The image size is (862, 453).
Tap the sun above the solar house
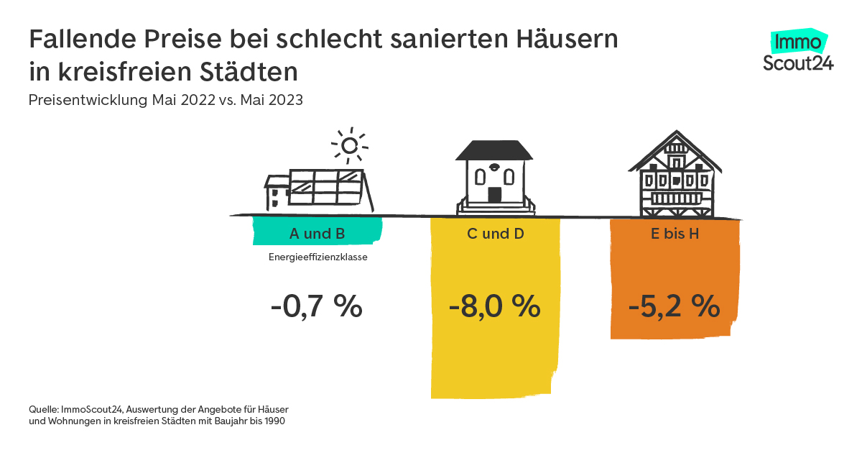pyautogui.click(x=349, y=146)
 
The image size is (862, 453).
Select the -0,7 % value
pyautogui.click(x=317, y=307)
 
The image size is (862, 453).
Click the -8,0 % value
pyautogui.click(x=494, y=307)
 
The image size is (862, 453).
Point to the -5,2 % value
pyautogui.click(x=674, y=307)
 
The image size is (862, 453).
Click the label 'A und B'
pyautogui.click(x=317, y=234)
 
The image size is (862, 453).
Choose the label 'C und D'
pyautogui.click(x=494, y=234)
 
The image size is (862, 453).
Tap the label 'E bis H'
pyautogui.click(x=675, y=234)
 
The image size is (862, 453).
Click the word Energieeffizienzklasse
pyautogui.click(x=317, y=256)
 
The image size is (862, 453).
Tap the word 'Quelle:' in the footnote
pyautogui.click(x=43, y=409)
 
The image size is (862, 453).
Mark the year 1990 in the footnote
pyautogui.click(x=273, y=421)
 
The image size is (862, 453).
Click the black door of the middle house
pyautogui.click(x=494, y=194)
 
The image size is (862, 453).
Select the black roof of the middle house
pyautogui.click(x=495, y=150)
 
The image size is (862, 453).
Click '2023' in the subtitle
pyautogui.click(x=285, y=100)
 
